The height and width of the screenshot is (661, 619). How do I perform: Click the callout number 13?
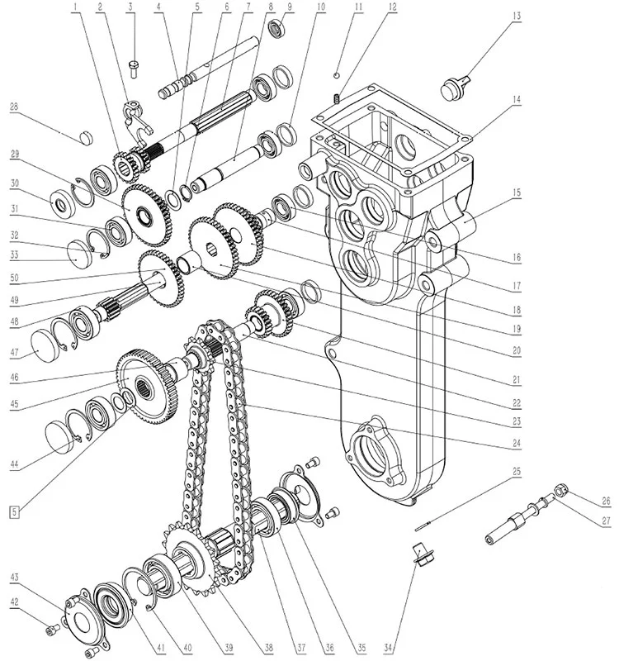point(517,16)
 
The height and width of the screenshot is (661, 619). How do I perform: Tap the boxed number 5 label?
point(15,512)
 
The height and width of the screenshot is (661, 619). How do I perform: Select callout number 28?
point(14,107)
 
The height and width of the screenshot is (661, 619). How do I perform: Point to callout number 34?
point(389,647)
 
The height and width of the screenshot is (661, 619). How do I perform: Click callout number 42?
point(15,602)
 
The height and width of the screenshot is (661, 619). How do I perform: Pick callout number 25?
point(517,471)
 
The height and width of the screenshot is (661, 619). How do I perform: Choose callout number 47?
point(15,353)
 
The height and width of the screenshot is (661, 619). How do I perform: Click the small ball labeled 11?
point(336,75)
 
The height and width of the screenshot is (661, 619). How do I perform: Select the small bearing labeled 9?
point(277,28)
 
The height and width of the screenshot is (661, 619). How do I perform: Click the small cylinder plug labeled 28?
point(86,137)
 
